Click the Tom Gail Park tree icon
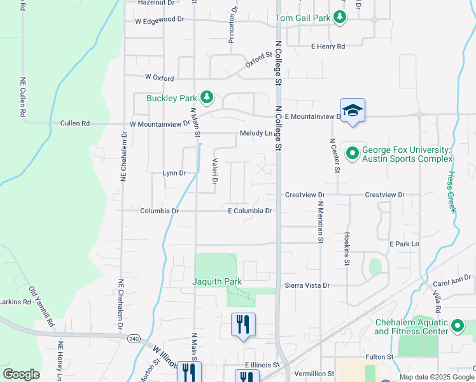click(x=340, y=18)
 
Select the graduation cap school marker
click(x=353, y=111)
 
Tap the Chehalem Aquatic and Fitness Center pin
click(x=457, y=327)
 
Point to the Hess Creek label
click(x=452, y=191)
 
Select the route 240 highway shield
click(x=133, y=337)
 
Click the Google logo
click(x=21, y=374)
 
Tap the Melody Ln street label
click(x=256, y=133)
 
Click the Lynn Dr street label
click(x=174, y=173)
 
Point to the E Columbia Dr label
click(x=250, y=211)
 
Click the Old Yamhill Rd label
click(x=40, y=308)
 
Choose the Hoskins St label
click(x=347, y=253)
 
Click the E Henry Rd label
click(x=328, y=46)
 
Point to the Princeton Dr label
click(x=233, y=25)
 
